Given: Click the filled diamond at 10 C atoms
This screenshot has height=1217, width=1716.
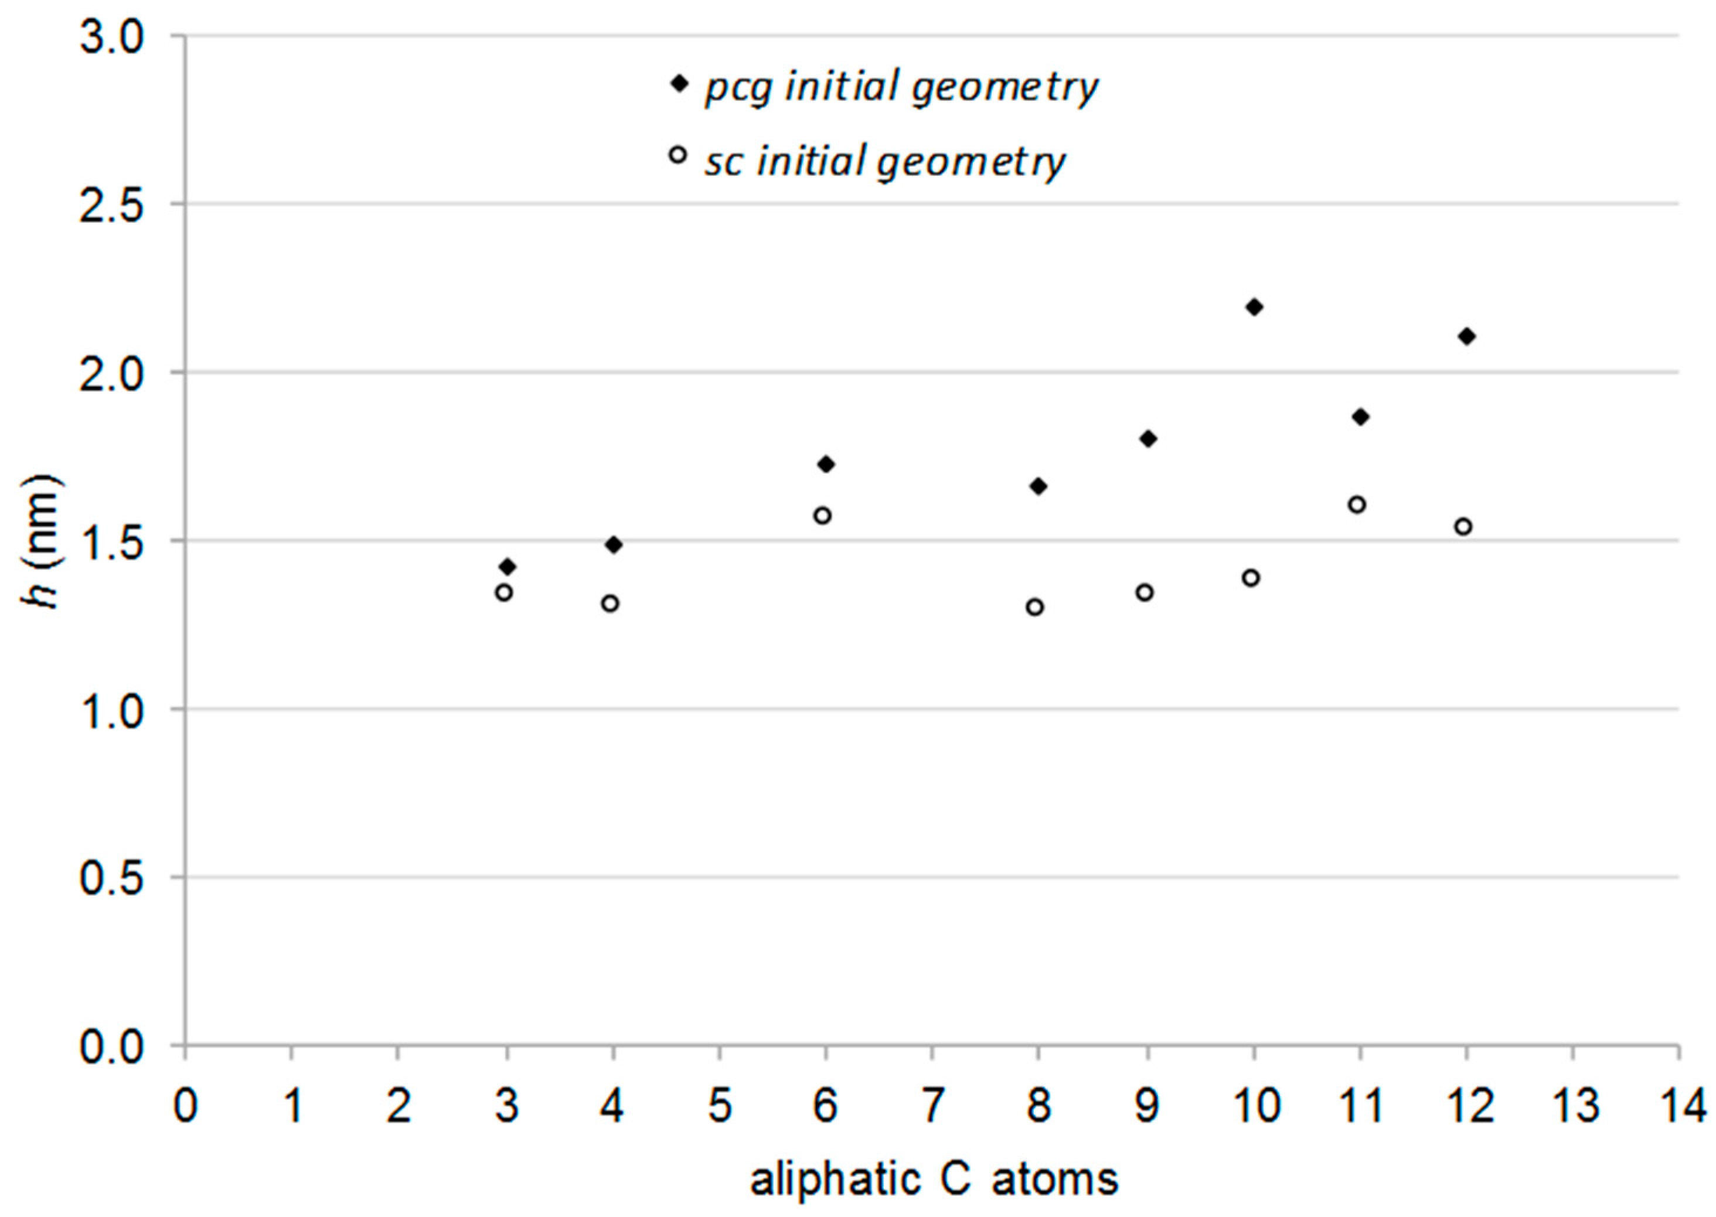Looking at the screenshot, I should tap(1254, 307).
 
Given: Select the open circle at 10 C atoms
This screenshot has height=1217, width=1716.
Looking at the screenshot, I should tap(1251, 578).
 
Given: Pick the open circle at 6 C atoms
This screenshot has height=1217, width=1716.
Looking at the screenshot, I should tap(823, 516).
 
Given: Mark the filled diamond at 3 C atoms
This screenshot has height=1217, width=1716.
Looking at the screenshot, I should tap(508, 566).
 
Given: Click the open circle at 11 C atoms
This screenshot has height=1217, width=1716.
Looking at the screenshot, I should tap(1357, 504).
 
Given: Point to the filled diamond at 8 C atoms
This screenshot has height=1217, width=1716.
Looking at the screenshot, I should tap(1039, 486).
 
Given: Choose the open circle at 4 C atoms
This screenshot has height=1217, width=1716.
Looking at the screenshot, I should tap(611, 604).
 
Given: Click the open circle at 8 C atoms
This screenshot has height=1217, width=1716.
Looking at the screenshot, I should tap(1035, 607).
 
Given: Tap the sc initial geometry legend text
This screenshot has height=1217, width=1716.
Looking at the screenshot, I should tap(884, 161).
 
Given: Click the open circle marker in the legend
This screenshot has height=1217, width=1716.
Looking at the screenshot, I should tap(678, 155).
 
